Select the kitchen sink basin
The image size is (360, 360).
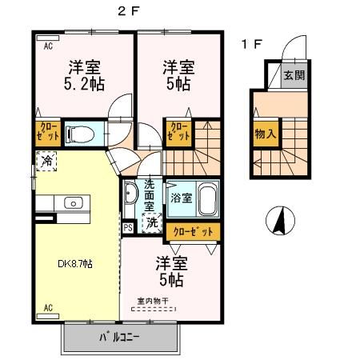tap(74, 203)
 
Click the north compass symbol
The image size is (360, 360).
tap(280, 221)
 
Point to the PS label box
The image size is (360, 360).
tap(128, 227)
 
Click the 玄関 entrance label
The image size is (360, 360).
tap(294, 75)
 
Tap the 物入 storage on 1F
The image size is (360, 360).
tap(266, 134)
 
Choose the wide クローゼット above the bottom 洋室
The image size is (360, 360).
tap(193, 232)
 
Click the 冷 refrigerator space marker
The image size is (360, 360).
tap(46, 161)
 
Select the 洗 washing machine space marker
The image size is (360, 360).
tap(152, 222)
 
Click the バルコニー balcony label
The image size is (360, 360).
tap(119, 338)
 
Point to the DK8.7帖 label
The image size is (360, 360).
tap(75, 264)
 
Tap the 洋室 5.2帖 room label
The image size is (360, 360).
tap(84, 76)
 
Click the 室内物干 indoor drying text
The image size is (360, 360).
tap(153, 301)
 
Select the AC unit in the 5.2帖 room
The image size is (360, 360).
tap(48, 38)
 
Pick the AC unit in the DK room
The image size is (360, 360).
tap(48, 316)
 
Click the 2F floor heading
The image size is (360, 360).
tap(129, 11)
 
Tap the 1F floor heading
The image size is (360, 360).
tap(252, 44)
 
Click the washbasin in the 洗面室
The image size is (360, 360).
tap(130, 193)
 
